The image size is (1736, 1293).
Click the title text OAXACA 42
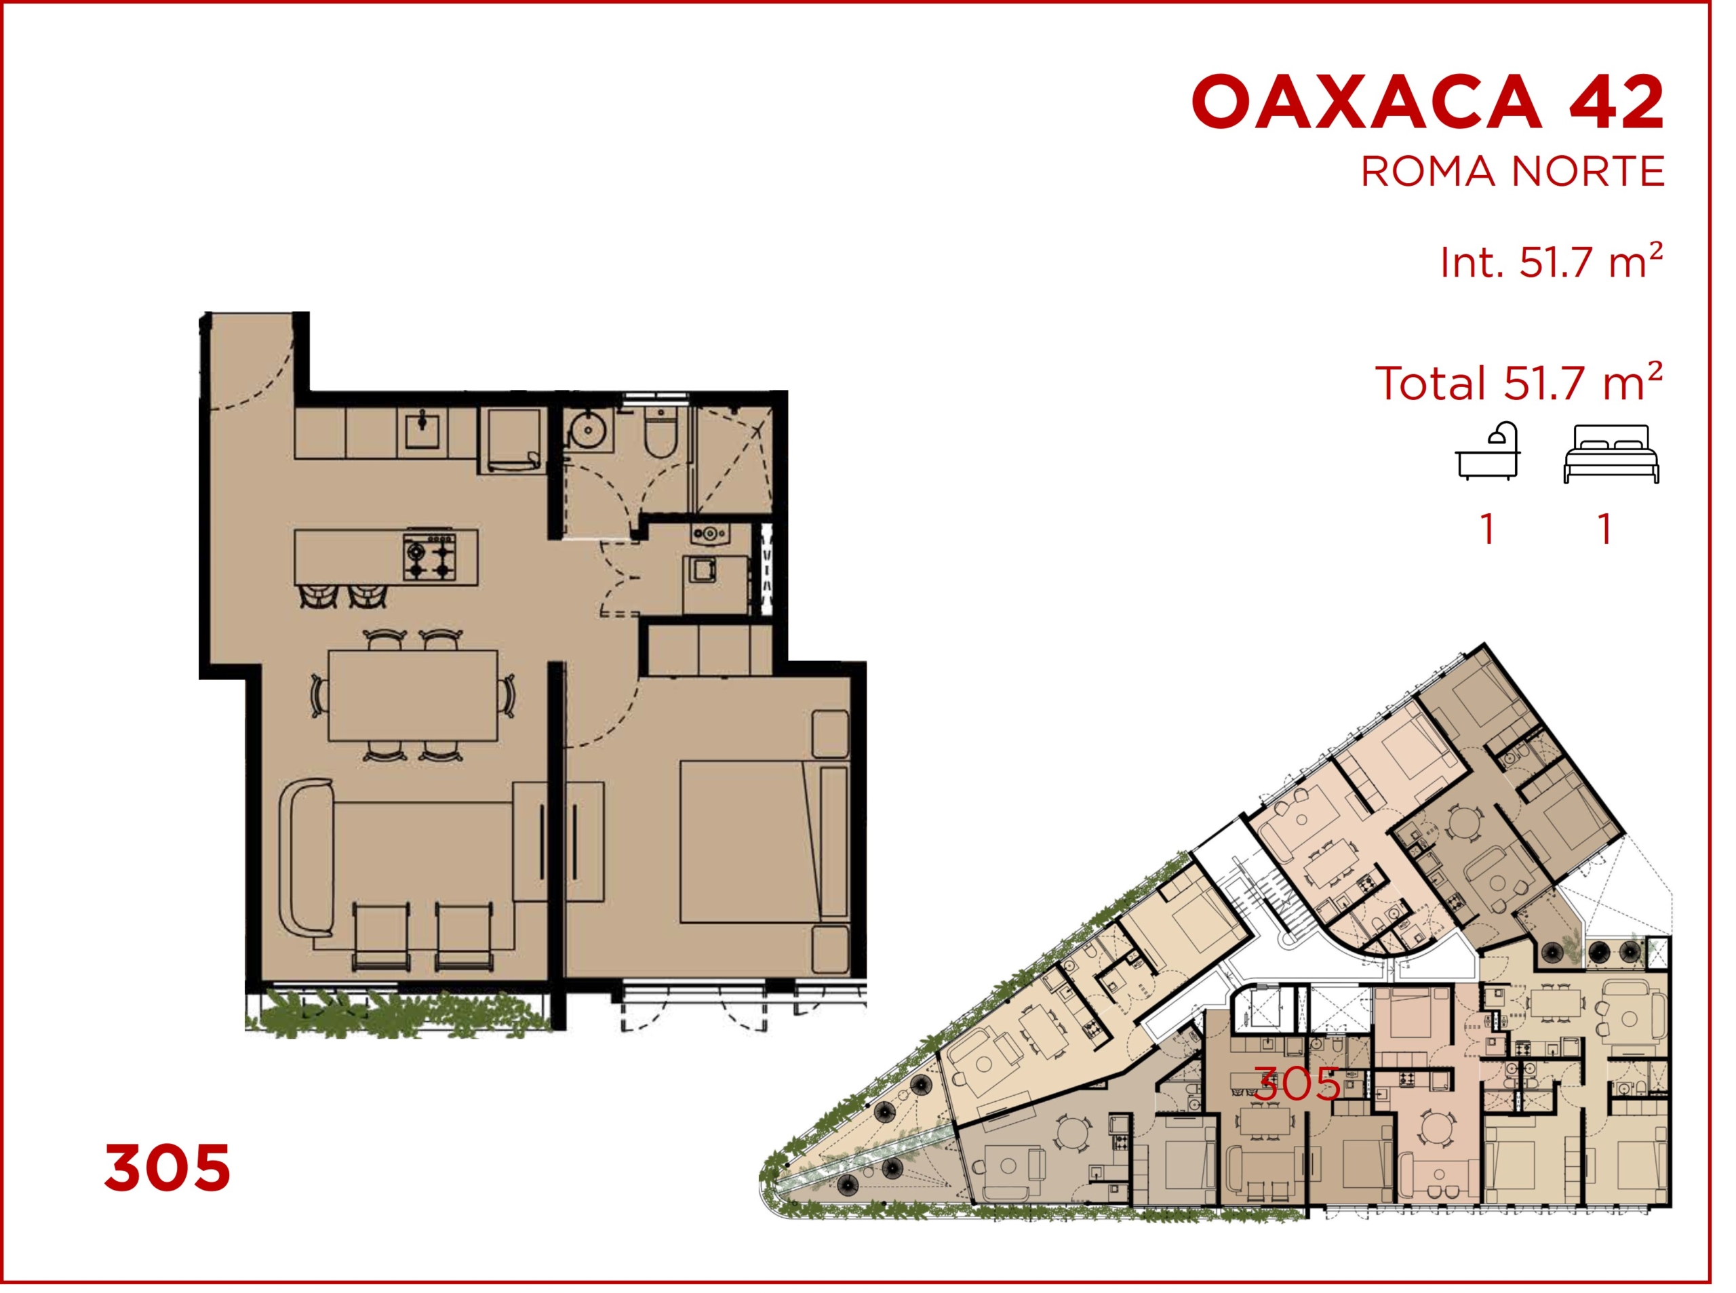point(1427,102)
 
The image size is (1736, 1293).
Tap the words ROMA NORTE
point(1512,172)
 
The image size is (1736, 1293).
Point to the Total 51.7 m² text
point(1518,382)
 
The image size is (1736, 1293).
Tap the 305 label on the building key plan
point(1297,1084)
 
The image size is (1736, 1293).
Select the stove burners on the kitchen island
point(429,557)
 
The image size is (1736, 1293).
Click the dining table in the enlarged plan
point(412,695)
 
